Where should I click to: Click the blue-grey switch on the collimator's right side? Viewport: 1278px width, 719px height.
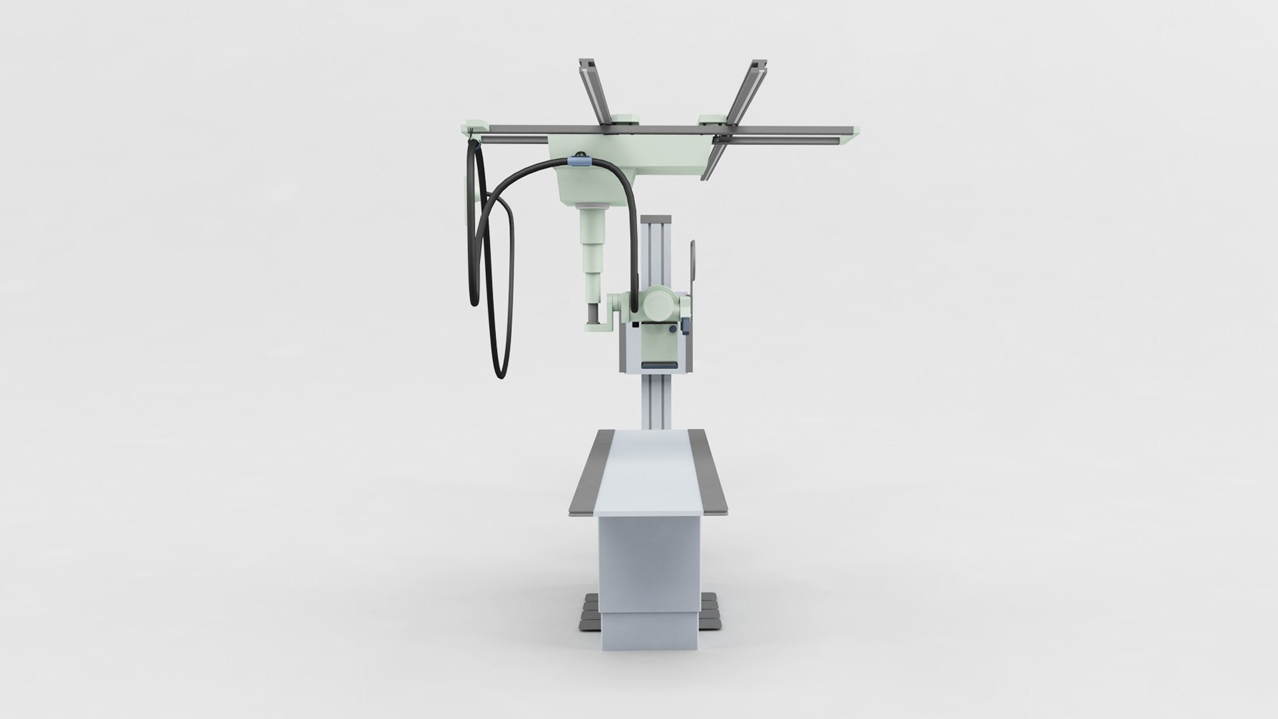click(684, 326)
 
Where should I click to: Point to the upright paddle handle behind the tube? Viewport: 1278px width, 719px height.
click(694, 266)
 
